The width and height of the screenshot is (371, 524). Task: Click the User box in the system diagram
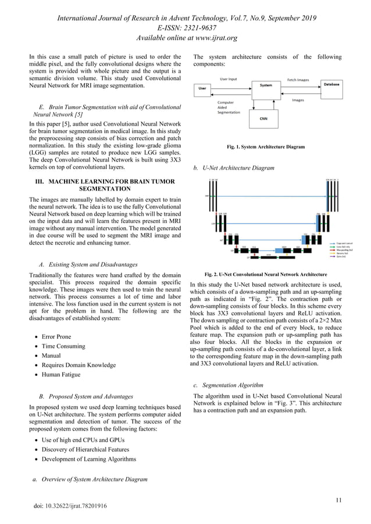click(203, 88)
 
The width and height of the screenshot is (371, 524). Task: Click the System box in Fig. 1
click(266, 85)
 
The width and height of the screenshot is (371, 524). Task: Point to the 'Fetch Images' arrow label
click(298, 80)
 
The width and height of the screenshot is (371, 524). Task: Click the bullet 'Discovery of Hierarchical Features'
click(87, 449)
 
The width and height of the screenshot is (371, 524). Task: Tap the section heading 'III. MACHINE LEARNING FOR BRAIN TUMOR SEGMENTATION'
click(105, 185)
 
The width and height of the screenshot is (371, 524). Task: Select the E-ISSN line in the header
click(185, 28)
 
